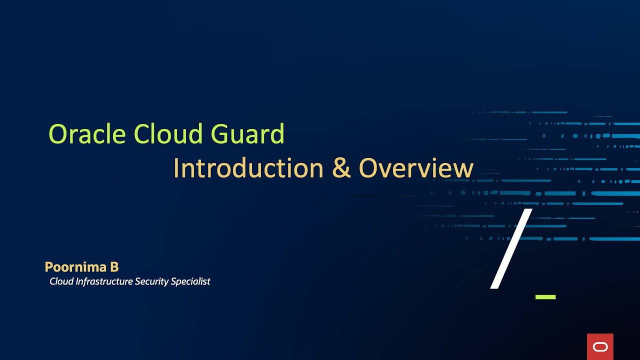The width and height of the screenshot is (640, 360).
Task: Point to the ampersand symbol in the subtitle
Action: pyautogui.click(x=341, y=169)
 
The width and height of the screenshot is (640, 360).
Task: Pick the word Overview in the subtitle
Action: pyautogui.click(x=416, y=168)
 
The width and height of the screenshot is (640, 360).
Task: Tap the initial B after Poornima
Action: pyautogui.click(x=114, y=267)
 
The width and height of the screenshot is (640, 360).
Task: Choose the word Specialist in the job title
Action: pyautogui.click(x=190, y=281)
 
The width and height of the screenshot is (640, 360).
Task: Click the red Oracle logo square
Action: pyautogui.click(x=600, y=346)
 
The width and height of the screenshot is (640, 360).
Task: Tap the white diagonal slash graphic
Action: pyautogui.click(x=510, y=249)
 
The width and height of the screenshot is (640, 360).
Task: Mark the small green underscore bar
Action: pyautogui.click(x=545, y=297)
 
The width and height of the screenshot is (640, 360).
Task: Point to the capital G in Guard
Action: pyautogui.click(x=219, y=134)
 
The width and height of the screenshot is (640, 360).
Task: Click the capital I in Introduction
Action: pyautogui.click(x=176, y=168)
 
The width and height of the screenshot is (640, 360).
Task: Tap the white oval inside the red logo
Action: pyautogui.click(x=600, y=347)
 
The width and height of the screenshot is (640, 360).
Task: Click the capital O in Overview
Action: pyautogui.click(x=368, y=168)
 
